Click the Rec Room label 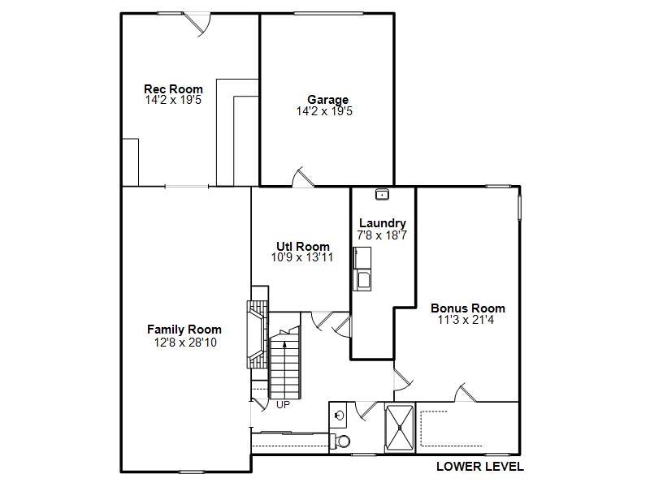pos(173,89)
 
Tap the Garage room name pos(327,100)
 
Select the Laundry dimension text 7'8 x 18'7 pos(381,235)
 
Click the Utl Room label pos(302,247)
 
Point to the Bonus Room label pos(467,308)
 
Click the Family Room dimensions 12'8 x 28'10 pos(184,342)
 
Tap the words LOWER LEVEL pos(479,466)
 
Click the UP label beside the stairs pos(283,404)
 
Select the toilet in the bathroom pos(341,442)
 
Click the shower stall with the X pos(399,428)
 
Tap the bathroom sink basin pos(339,416)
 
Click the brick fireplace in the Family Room pos(257,334)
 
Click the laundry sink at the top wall pos(382,195)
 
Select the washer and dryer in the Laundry pos(363,269)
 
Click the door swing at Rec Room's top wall pos(197,22)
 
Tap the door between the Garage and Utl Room pos(302,178)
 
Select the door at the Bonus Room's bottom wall pos(466,393)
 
